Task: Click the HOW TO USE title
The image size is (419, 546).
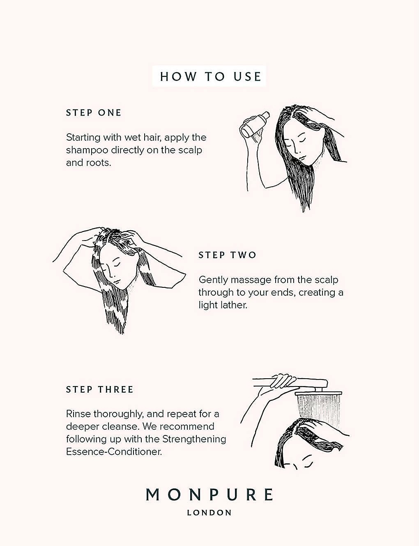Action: pyautogui.click(x=210, y=76)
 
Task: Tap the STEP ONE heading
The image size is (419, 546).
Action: pyautogui.click(x=94, y=113)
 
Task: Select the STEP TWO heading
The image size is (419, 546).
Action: pyautogui.click(x=227, y=255)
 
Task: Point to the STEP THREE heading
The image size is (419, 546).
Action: pyautogui.click(x=100, y=389)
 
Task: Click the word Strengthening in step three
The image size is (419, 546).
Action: pyautogui.click(x=194, y=440)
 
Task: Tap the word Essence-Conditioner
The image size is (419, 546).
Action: pyautogui.click(x=114, y=452)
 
